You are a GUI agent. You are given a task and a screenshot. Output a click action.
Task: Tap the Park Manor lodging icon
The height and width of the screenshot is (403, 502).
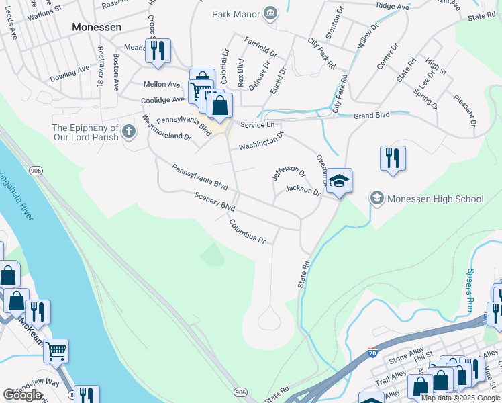[270, 13]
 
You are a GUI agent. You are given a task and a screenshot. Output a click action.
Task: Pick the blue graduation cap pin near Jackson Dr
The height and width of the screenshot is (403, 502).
[340, 181]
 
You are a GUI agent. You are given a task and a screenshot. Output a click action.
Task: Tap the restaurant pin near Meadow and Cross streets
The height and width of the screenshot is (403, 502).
[158, 51]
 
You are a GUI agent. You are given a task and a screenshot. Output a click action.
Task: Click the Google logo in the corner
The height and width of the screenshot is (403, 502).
[22, 395]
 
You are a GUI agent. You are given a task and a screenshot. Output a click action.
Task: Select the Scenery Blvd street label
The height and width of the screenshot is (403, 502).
[214, 204]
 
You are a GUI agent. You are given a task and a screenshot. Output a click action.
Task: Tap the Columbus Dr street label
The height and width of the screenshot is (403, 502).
[248, 231]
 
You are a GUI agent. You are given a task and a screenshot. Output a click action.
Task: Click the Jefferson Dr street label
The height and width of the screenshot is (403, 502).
[289, 169]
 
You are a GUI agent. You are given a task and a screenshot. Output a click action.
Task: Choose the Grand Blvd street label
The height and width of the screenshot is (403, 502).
[372, 116]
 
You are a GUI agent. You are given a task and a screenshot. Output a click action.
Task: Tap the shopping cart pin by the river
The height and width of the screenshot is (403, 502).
[56, 350]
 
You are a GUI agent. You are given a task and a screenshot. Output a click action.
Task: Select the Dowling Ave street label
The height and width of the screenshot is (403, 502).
[69, 73]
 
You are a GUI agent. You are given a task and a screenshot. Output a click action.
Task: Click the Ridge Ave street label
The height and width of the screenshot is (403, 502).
[393, 6]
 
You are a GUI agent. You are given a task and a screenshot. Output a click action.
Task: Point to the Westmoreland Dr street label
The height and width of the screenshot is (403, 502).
[167, 128]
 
